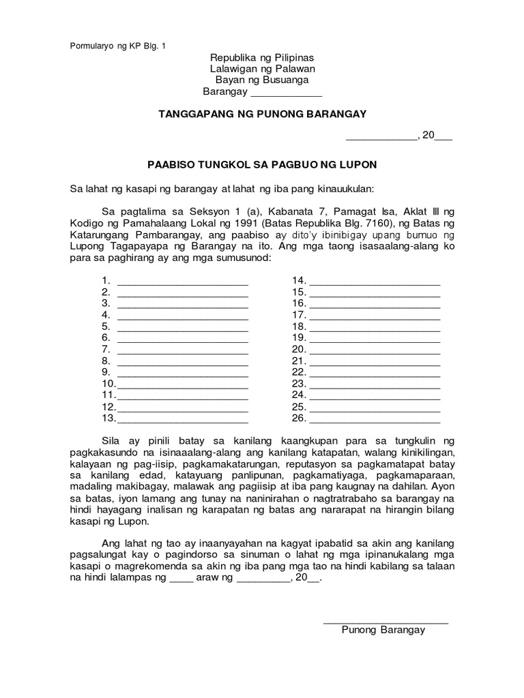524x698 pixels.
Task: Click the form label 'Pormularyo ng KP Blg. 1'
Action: tap(118, 46)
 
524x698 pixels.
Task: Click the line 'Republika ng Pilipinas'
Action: tap(261, 58)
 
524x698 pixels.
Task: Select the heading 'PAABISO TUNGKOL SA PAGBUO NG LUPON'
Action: tap(263, 165)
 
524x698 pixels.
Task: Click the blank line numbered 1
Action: tap(183, 281)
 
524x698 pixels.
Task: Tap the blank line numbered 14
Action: tap(375, 281)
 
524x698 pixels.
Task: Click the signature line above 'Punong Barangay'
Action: tap(385, 621)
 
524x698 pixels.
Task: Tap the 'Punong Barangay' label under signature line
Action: tap(383, 630)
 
